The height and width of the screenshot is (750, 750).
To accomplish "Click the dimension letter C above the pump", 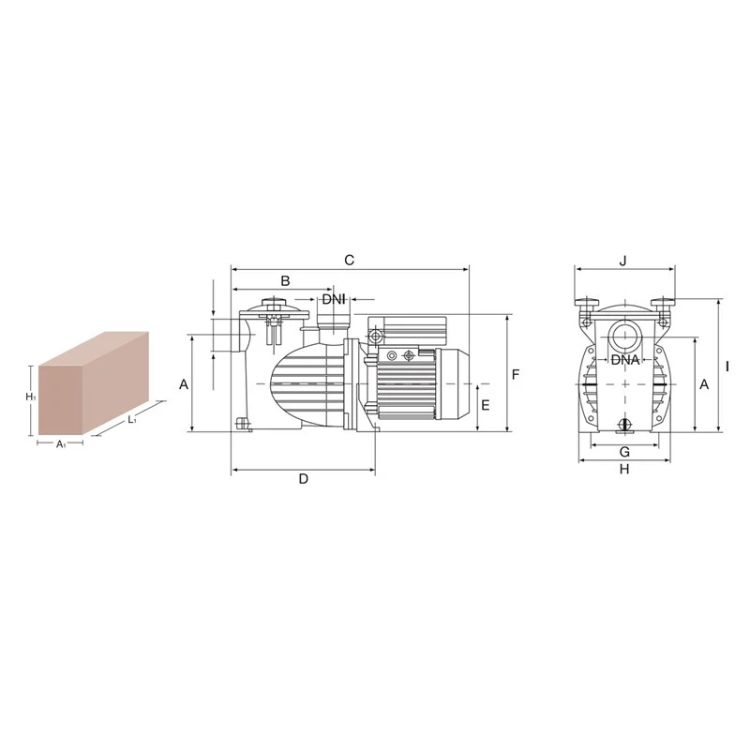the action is pos(349,261).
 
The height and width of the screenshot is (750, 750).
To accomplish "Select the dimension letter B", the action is pos(285,280).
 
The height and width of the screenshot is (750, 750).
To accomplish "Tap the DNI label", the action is pos(334,300).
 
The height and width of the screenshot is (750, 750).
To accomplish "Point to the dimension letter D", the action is pos(304,479).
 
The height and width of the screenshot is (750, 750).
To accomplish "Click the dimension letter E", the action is pos(485,406).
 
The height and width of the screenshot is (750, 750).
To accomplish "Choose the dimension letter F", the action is pos(515,375).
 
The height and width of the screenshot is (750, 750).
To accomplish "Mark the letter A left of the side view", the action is pos(184,384).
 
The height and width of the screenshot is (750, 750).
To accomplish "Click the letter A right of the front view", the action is pos(704,384).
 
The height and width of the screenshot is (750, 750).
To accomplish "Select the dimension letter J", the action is pos(622,262).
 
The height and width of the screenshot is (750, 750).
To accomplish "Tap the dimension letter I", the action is pos(727,367).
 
